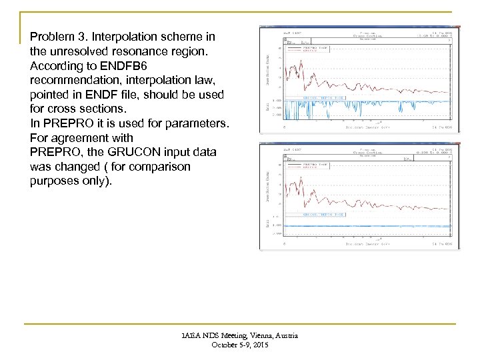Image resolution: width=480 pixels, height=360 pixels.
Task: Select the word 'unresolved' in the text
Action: pos(76,51)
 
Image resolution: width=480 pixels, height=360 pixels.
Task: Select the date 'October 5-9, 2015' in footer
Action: pos(241,345)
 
